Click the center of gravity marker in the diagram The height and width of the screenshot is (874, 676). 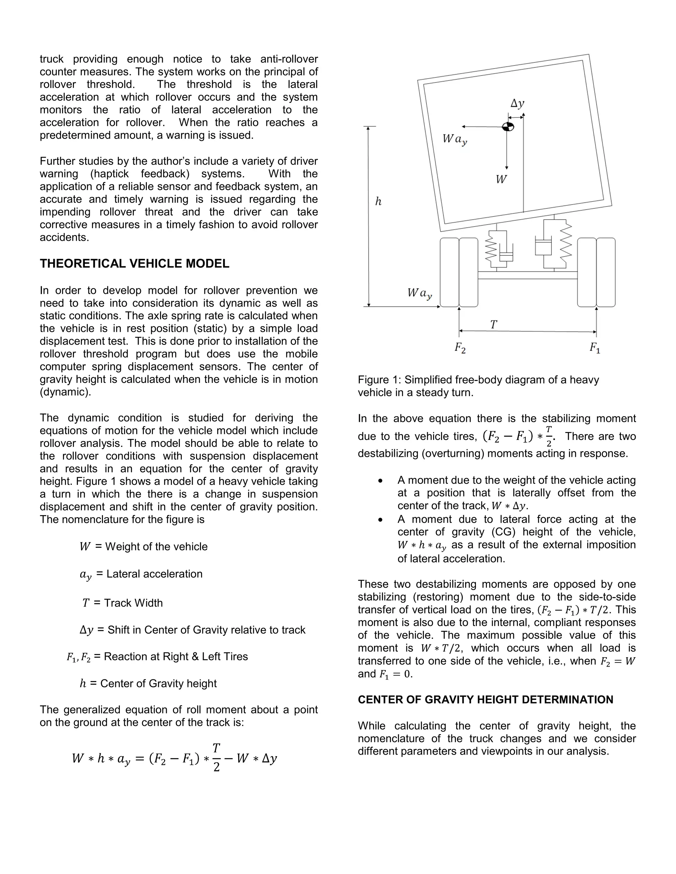click(x=508, y=127)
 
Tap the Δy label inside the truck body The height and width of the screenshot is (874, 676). click(x=517, y=104)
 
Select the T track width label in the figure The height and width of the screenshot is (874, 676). click(x=493, y=325)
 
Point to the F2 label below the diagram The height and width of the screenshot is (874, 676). click(x=460, y=348)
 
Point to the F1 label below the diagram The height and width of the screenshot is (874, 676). click(x=594, y=348)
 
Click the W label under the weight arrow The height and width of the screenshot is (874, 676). click(x=501, y=179)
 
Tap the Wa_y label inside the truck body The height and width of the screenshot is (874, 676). click(x=455, y=140)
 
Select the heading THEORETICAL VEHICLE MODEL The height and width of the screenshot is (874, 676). click(x=135, y=264)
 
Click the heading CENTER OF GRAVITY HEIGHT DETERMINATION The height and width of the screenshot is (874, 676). click(x=485, y=700)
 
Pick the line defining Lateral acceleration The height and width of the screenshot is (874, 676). click(x=141, y=574)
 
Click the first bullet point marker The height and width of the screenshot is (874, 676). click(x=381, y=481)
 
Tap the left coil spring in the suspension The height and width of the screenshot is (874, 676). click(x=491, y=252)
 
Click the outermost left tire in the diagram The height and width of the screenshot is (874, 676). click(x=449, y=272)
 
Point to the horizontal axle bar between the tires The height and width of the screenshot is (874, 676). click(x=527, y=275)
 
